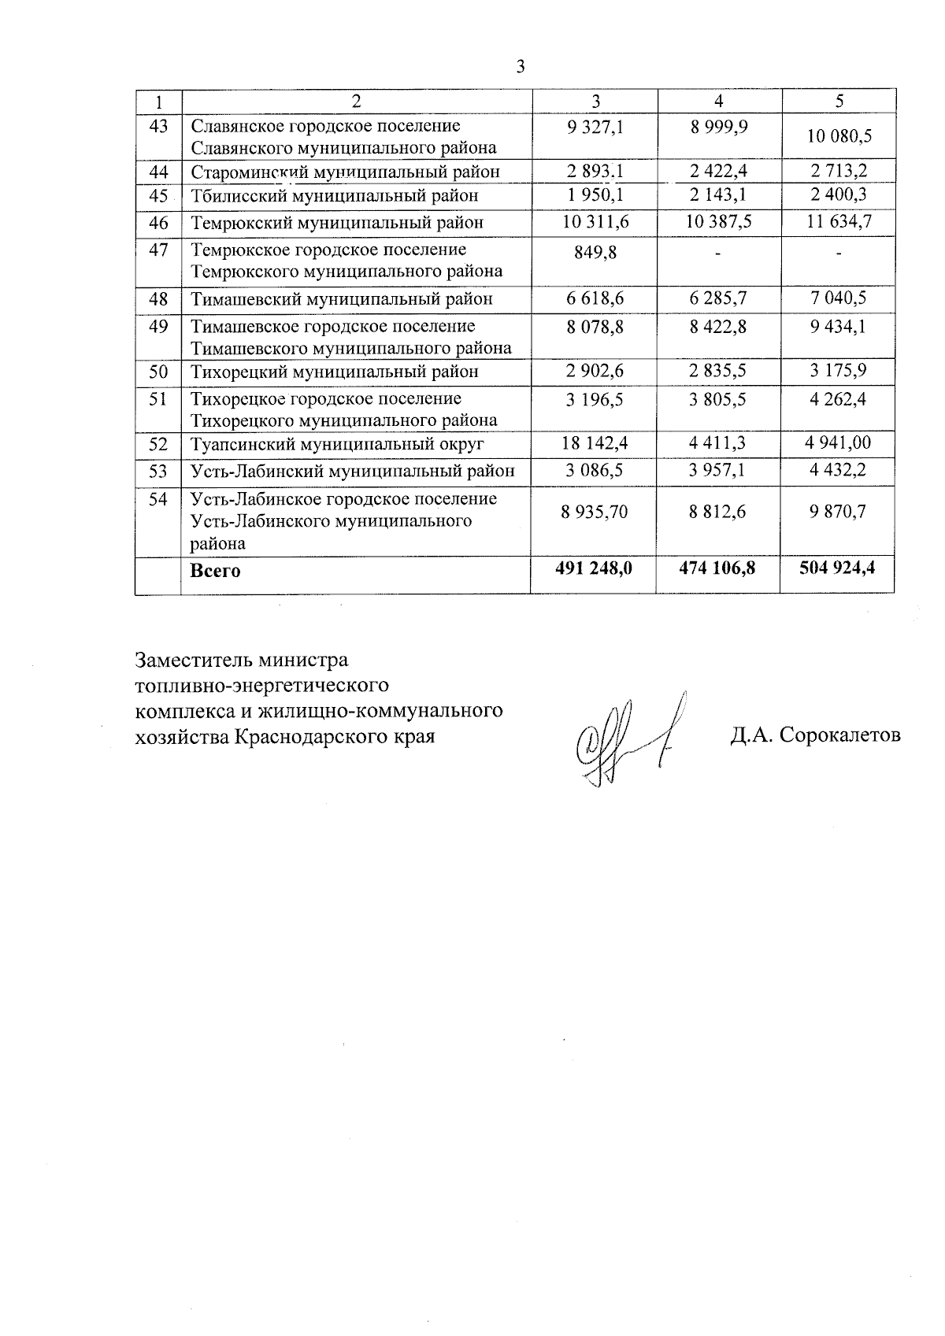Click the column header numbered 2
[356, 101]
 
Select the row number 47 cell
[158, 250]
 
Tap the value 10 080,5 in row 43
[839, 136]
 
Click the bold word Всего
[215, 571]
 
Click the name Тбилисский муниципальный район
[335, 195]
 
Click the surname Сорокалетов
[839, 735]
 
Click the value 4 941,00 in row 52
[838, 443]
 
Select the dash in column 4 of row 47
[717, 253]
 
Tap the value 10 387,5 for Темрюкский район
[718, 222]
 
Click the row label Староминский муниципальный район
[345, 172]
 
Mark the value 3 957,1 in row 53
[717, 471]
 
